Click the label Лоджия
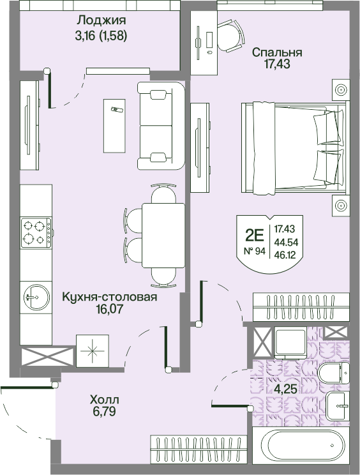[x=101, y=20]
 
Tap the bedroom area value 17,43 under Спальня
[x=278, y=64]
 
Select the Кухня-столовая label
[x=110, y=297]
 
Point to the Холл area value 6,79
[x=105, y=411]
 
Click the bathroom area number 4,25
[x=285, y=389]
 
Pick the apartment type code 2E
[x=255, y=236]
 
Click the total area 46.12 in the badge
[x=285, y=255]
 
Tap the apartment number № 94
[x=255, y=251]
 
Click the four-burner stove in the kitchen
[x=36, y=232]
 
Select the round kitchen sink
[x=36, y=297]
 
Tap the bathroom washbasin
[x=338, y=406]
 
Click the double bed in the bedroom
[x=296, y=148]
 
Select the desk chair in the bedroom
[x=230, y=36]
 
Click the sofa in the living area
[x=161, y=125]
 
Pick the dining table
[x=163, y=236]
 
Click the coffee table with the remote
[x=114, y=126]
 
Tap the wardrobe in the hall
[x=198, y=449]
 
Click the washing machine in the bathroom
[x=290, y=343]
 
